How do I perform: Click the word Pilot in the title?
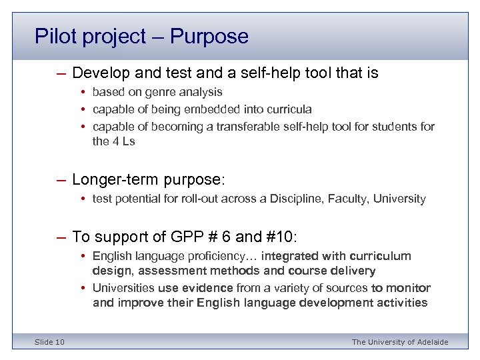[56, 36]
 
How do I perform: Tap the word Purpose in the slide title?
[209, 36]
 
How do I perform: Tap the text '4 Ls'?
[123, 141]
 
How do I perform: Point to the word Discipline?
[312, 199]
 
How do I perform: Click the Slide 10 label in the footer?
[49, 342]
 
